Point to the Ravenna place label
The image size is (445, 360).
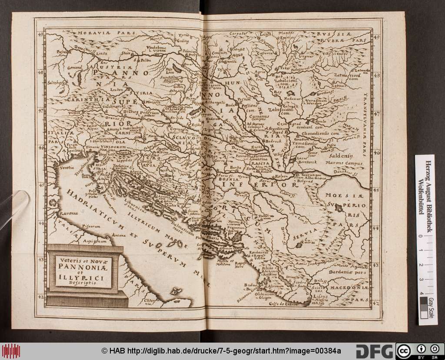(65, 213)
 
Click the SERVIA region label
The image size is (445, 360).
(304, 237)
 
